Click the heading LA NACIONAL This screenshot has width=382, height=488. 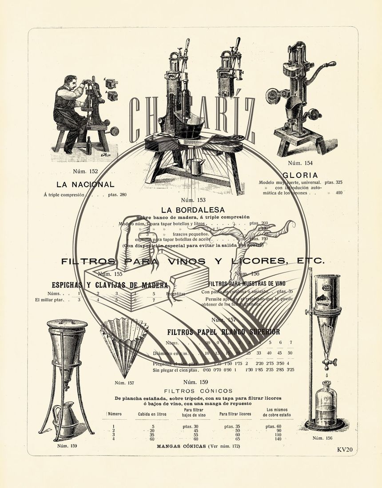85,185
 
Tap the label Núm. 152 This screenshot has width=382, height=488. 85,171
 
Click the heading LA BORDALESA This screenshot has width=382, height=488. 193,209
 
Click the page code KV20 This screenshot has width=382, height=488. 345,449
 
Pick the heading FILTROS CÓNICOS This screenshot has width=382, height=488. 198,391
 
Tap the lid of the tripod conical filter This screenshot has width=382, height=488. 67,323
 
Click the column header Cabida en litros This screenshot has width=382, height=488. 152,414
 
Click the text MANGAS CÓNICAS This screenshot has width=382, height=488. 181,446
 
